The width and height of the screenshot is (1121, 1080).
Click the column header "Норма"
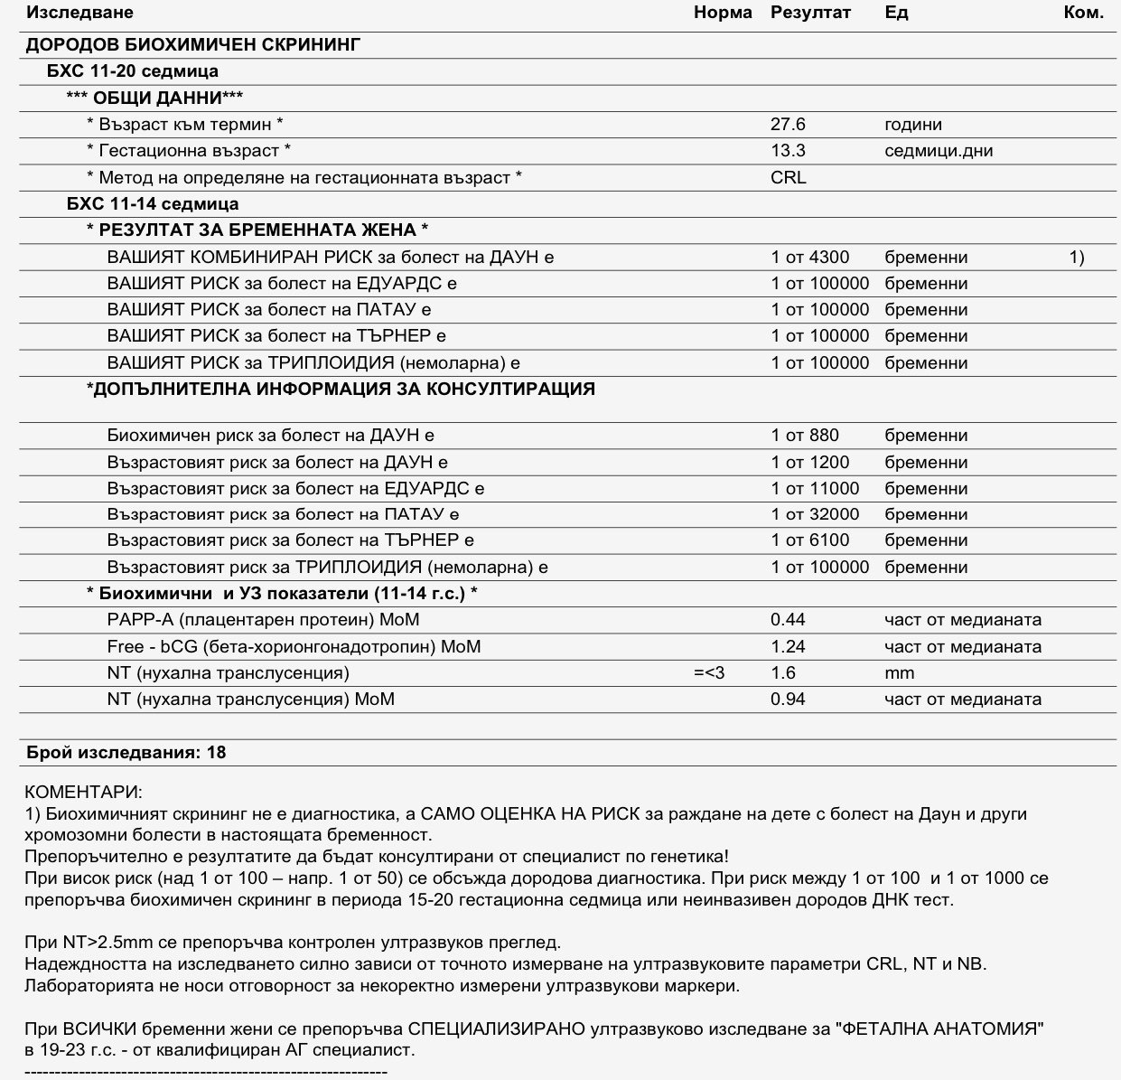click(x=723, y=13)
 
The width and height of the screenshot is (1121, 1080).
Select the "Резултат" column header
click(x=810, y=13)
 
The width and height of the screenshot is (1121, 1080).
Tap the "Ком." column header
click(x=1083, y=13)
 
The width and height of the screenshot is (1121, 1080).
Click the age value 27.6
click(x=788, y=125)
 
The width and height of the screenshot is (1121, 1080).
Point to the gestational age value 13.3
click(x=788, y=151)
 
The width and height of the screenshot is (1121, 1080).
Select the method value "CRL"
click(x=788, y=177)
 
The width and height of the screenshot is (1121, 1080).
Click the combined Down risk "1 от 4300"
click(x=809, y=258)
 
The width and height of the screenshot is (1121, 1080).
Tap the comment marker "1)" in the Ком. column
click(x=1077, y=258)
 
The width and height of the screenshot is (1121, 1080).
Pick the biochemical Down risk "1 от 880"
click(x=805, y=436)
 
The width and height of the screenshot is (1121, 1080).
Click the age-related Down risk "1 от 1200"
click(x=809, y=463)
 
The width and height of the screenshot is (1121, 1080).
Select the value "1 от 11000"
click(x=815, y=489)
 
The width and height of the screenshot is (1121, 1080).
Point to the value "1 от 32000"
click(x=815, y=515)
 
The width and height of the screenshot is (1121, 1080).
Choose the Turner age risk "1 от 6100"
click(x=809, y=540)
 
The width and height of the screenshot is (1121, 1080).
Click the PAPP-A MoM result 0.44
click(x=788, y=620)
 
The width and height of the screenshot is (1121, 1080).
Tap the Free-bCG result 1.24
click(x=788, y=647)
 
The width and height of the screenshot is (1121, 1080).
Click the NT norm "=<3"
click(x=709, y=673)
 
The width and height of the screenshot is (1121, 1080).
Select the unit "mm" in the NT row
click(x=899, y=673)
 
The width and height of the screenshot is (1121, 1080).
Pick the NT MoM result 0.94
click(x=788, y=700)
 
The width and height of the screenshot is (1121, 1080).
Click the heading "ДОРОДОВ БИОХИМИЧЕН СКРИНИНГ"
click(x=193, y=44)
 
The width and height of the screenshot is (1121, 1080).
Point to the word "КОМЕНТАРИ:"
click(x=83, y=793)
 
